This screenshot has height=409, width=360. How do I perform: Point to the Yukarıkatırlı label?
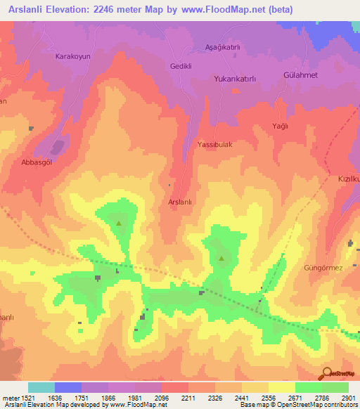[x=244, y=79]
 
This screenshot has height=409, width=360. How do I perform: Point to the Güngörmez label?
[x=323, y=268]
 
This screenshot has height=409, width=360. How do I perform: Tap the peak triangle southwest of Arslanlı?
[x=118, y=223]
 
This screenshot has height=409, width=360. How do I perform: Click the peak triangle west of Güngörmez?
[x=222, y=258]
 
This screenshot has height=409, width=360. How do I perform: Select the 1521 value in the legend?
[x=20, y=397]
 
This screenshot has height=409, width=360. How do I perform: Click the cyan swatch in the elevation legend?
[x=41, y=387]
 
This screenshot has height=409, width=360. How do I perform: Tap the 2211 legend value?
[x=188, y=397]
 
